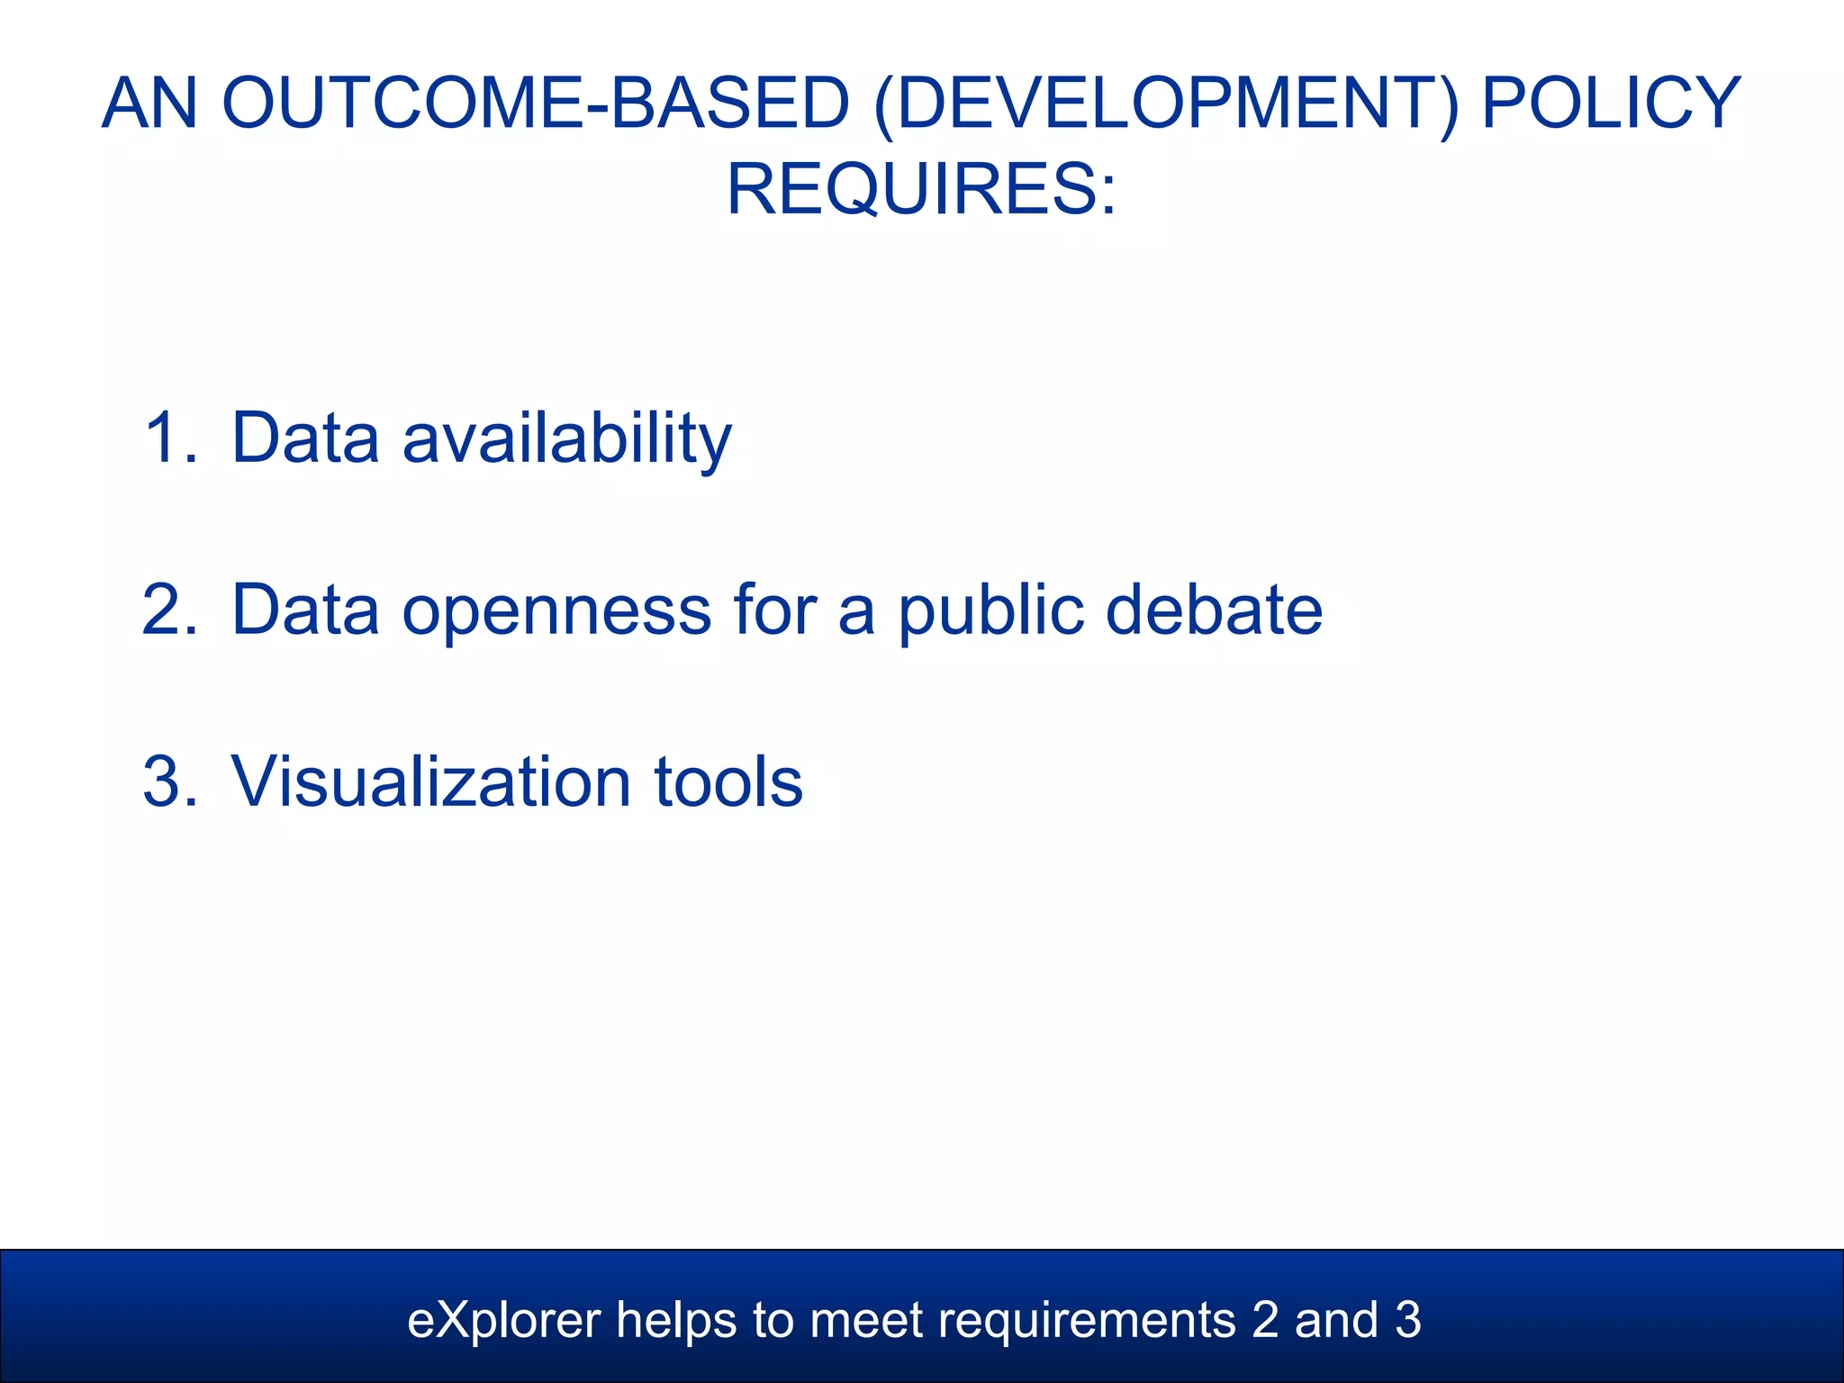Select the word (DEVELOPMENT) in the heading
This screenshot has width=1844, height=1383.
click(x=1164, y=104)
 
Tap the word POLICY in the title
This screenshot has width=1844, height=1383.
click(x=1612, y=104)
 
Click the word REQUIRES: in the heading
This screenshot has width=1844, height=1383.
click(x=921, y=189)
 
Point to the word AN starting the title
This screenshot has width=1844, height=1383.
click(x=149, y=104)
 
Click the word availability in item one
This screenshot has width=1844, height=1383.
click(x=566, y=438)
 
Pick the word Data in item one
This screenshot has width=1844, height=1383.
click(x=305, y=438)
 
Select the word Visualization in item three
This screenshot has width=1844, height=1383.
click(x=430, y=782)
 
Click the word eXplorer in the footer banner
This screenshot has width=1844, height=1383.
click(x=503, y=1321)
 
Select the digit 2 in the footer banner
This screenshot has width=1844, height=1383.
click(x=1265, y=1321)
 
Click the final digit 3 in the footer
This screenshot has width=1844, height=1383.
click(x=1408, y=1321)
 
